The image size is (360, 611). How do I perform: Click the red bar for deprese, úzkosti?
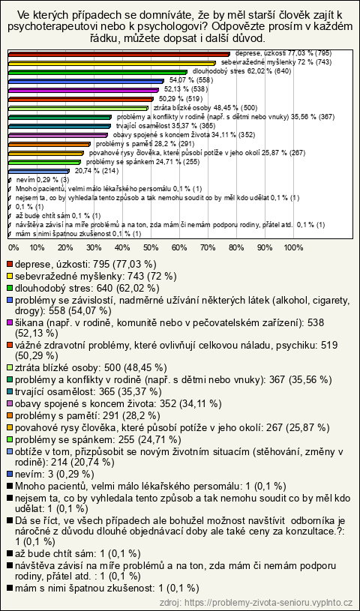click(119, 54)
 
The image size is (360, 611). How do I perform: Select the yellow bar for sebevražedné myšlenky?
click(112, 63)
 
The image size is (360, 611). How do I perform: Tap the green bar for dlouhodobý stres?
click(97, 72)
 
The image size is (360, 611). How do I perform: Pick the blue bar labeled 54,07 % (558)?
click(86, 81)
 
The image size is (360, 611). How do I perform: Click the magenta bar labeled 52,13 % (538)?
click(83, 90)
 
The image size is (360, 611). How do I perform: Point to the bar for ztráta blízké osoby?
click(78, 107)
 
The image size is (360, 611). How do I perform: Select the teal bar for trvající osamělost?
click(59, 125)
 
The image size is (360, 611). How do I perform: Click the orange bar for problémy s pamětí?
click(49, 143)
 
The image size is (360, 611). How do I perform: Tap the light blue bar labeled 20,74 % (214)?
click(38, 170)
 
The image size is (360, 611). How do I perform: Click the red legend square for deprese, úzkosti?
click(10, 264)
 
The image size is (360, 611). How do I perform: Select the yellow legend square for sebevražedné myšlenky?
click(10, 277)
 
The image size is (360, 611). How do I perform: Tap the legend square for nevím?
click(10, 474)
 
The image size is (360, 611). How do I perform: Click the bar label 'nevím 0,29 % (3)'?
click(43, 180)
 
